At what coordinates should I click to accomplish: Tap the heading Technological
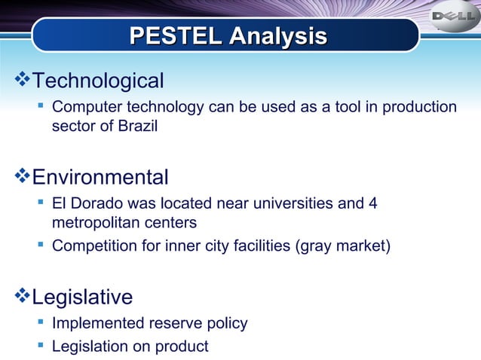pyautogui.click(x=99, y=81)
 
